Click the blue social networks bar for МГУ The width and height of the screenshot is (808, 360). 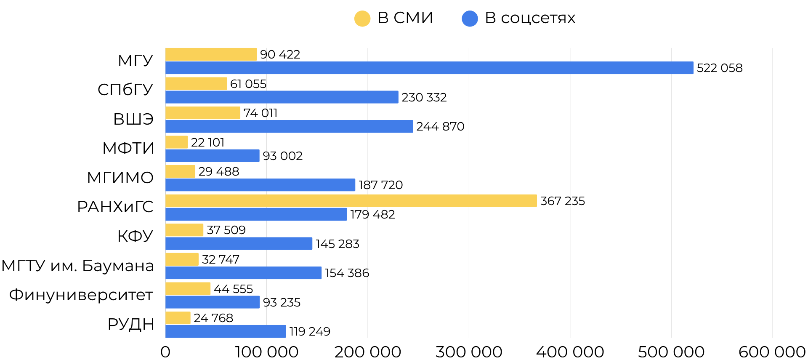pyautogui.click(x=429, y=68)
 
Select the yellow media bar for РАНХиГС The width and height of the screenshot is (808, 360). pyautogui.click(x=351, y=201)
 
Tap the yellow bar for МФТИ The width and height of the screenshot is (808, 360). pyautogui.click(x=176, y=142)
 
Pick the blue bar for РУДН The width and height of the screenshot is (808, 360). pyautogui.click(x=226, y=331)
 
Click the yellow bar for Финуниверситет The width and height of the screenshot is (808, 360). pyautogui.click(x=188, y=289)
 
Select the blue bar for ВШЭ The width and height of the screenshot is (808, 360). pyautogui.click(x=289, y=126)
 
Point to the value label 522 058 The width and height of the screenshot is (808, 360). pyautogui.click(x=719, y=68)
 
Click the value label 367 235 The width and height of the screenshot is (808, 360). pyautogui.click(x=562, y=201)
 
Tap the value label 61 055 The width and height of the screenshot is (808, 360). pyautogui.click(x=248, y=84)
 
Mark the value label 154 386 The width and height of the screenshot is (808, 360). pyautogui.click(x=347, y=273)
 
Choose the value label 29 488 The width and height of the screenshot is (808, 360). pyautogui.click(x=218, y=171)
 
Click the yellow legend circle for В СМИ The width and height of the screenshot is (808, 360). pyautogui.click(x=362, y=19)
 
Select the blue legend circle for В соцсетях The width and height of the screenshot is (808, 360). pyautogui.click(x=470, y=19)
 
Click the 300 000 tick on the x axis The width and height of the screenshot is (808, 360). pyautogui.click(x=469, y=352)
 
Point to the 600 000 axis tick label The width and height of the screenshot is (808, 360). pyautogui.click(x=772, y=352)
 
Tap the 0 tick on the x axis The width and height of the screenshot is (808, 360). pyautogui.click(x=165, y=352)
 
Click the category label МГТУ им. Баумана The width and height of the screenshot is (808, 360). pyautogui.click(x=77, y=266)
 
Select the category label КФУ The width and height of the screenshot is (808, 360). pyautogui.click(x=135, y=236)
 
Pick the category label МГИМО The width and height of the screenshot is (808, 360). pyautogui.click(x=120, y=177)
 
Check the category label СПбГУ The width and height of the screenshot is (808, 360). pyautogui.click(x=125, y=89)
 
